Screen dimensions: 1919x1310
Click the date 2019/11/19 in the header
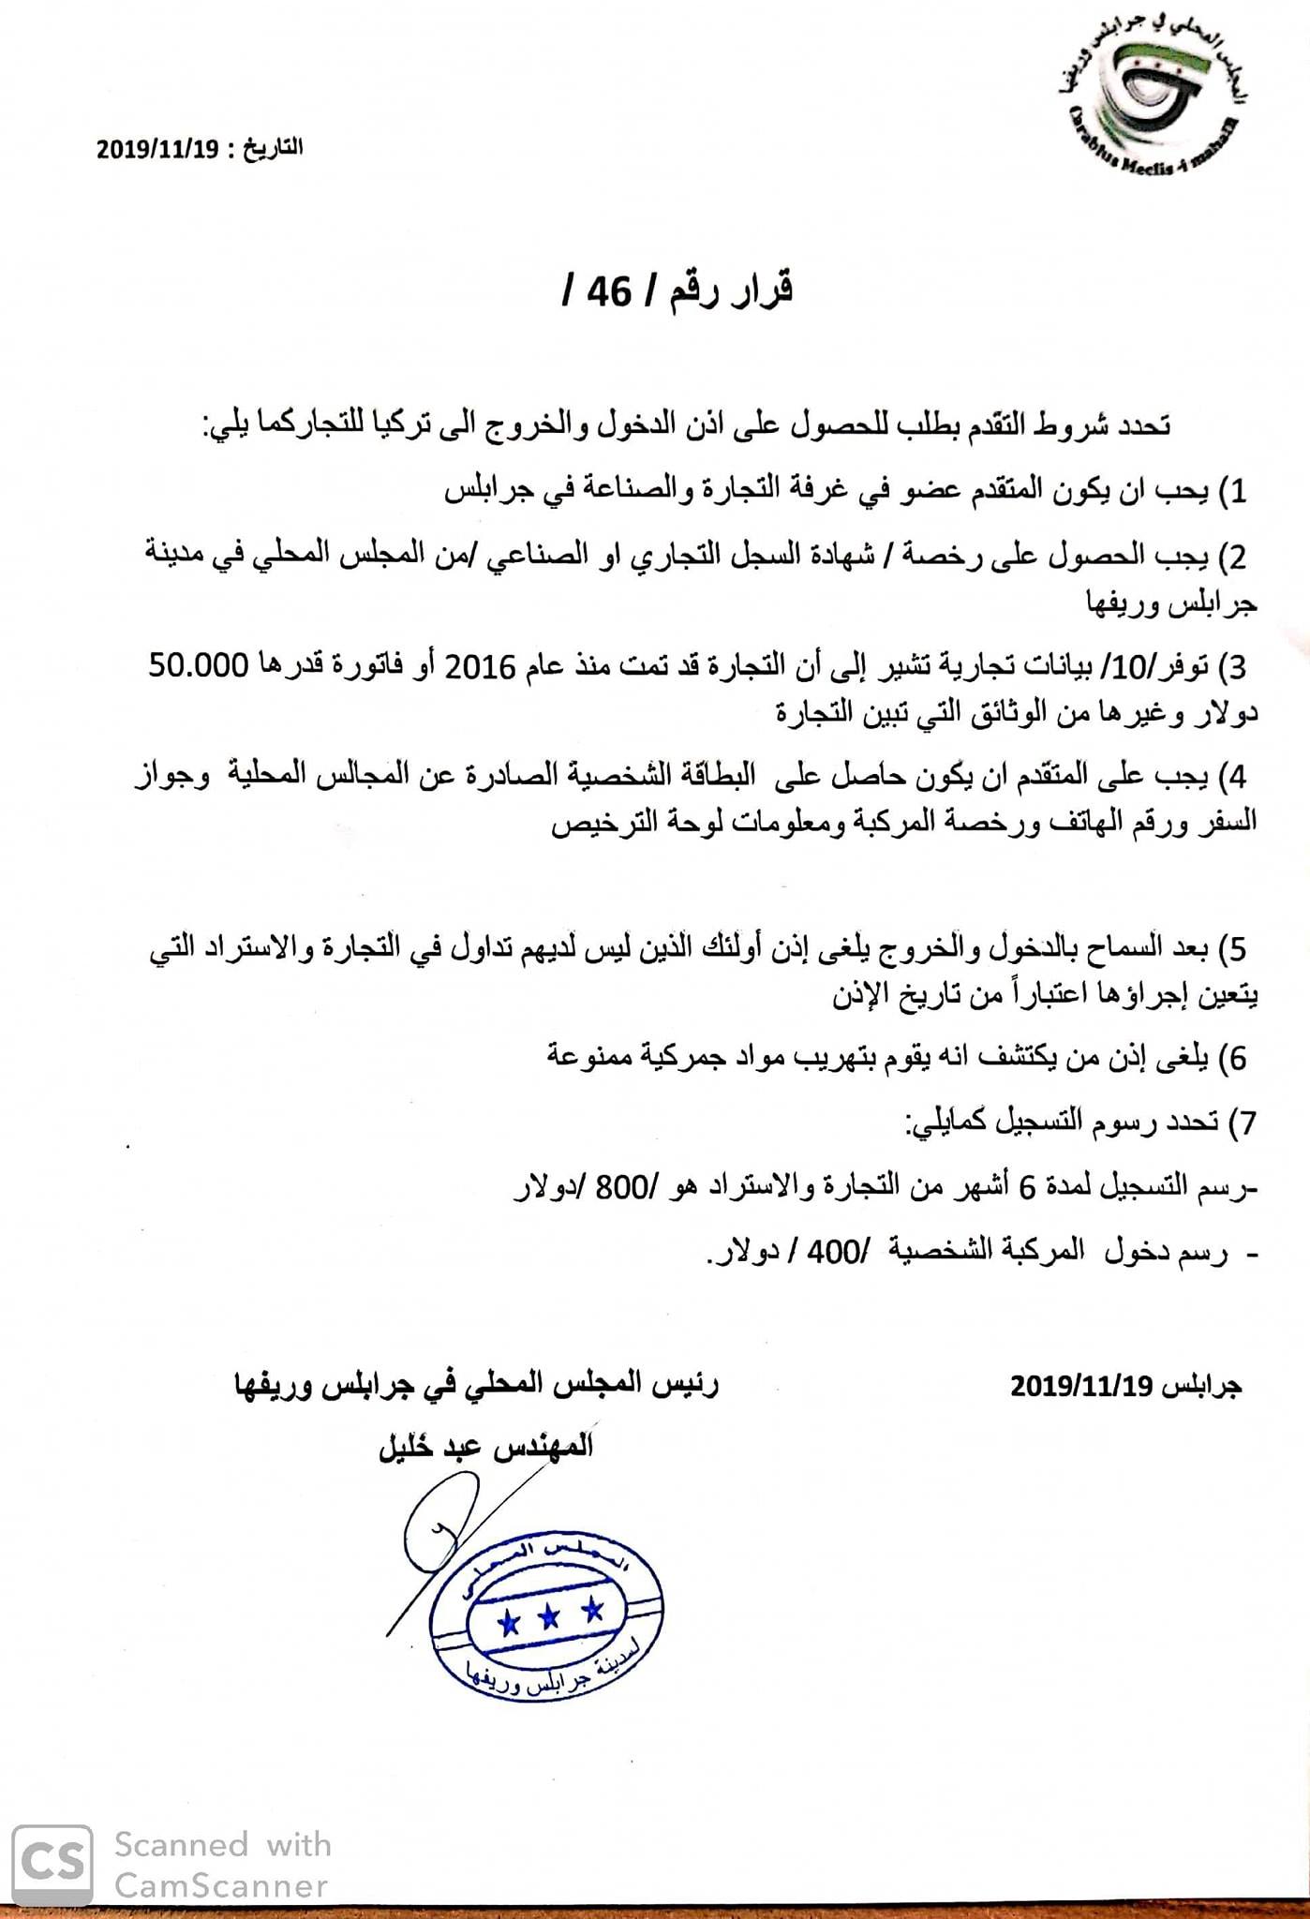click(x=157, y=149)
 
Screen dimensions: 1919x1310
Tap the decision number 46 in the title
click(x=610, y=292)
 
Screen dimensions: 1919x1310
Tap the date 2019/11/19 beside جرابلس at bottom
click(x=1079, y=1386)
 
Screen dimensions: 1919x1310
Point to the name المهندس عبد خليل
click(x=484, y=1448)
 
